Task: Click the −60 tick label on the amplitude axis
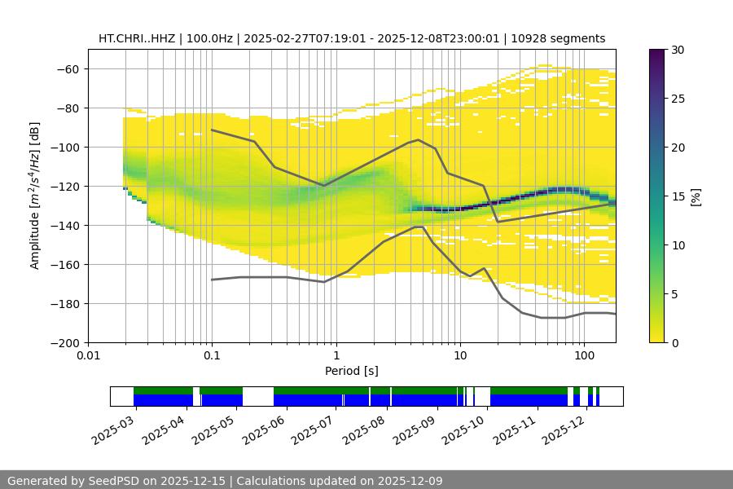click(67, 68)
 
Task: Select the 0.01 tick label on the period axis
click(88, 356)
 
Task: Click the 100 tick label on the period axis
click(584, 356)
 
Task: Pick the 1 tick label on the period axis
click(336, 356)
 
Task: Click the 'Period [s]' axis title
click(352, 371)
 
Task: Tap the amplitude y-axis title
click(35, 196)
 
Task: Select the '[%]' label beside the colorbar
click(695, 196)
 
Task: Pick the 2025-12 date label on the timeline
click(565, 430)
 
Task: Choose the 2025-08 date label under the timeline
click(363, 430)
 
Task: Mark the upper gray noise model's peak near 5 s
click(419, 139)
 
